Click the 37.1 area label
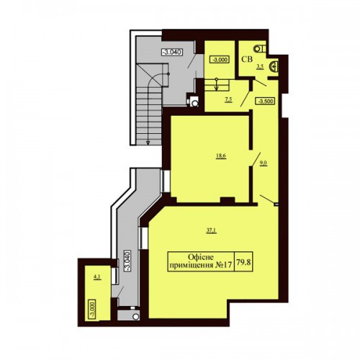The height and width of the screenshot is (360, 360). tap(212, 230)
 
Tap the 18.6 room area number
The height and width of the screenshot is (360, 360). tap(221, 156)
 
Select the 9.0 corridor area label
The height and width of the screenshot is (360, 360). tap(264, 163)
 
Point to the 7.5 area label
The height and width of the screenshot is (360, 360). tap(228, 100)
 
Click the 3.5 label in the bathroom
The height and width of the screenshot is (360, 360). tap(260, 67)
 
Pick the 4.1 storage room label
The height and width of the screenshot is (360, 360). tap(97, 277)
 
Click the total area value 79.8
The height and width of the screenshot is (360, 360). tap(243, 262)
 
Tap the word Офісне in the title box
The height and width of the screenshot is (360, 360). tap(201, 257)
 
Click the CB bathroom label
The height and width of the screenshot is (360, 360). tap(247, 59)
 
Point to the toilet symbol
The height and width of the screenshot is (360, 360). tap(260, 48)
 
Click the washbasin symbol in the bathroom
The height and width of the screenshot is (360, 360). tap(274, 66)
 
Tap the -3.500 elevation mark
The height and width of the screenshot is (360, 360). tap(266, 101)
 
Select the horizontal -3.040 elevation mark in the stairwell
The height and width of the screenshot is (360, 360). tap(172, 52)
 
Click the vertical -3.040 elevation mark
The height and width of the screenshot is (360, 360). tap(127, 261)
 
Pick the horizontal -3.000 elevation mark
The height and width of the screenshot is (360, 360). tap(220, 60)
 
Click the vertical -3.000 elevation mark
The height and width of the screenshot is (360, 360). tap(92, 309)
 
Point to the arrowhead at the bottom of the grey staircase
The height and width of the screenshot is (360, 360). tap(148, 143)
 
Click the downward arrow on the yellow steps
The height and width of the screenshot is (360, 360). tap(217, 84)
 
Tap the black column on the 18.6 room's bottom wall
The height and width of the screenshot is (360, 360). tap(228, 201)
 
